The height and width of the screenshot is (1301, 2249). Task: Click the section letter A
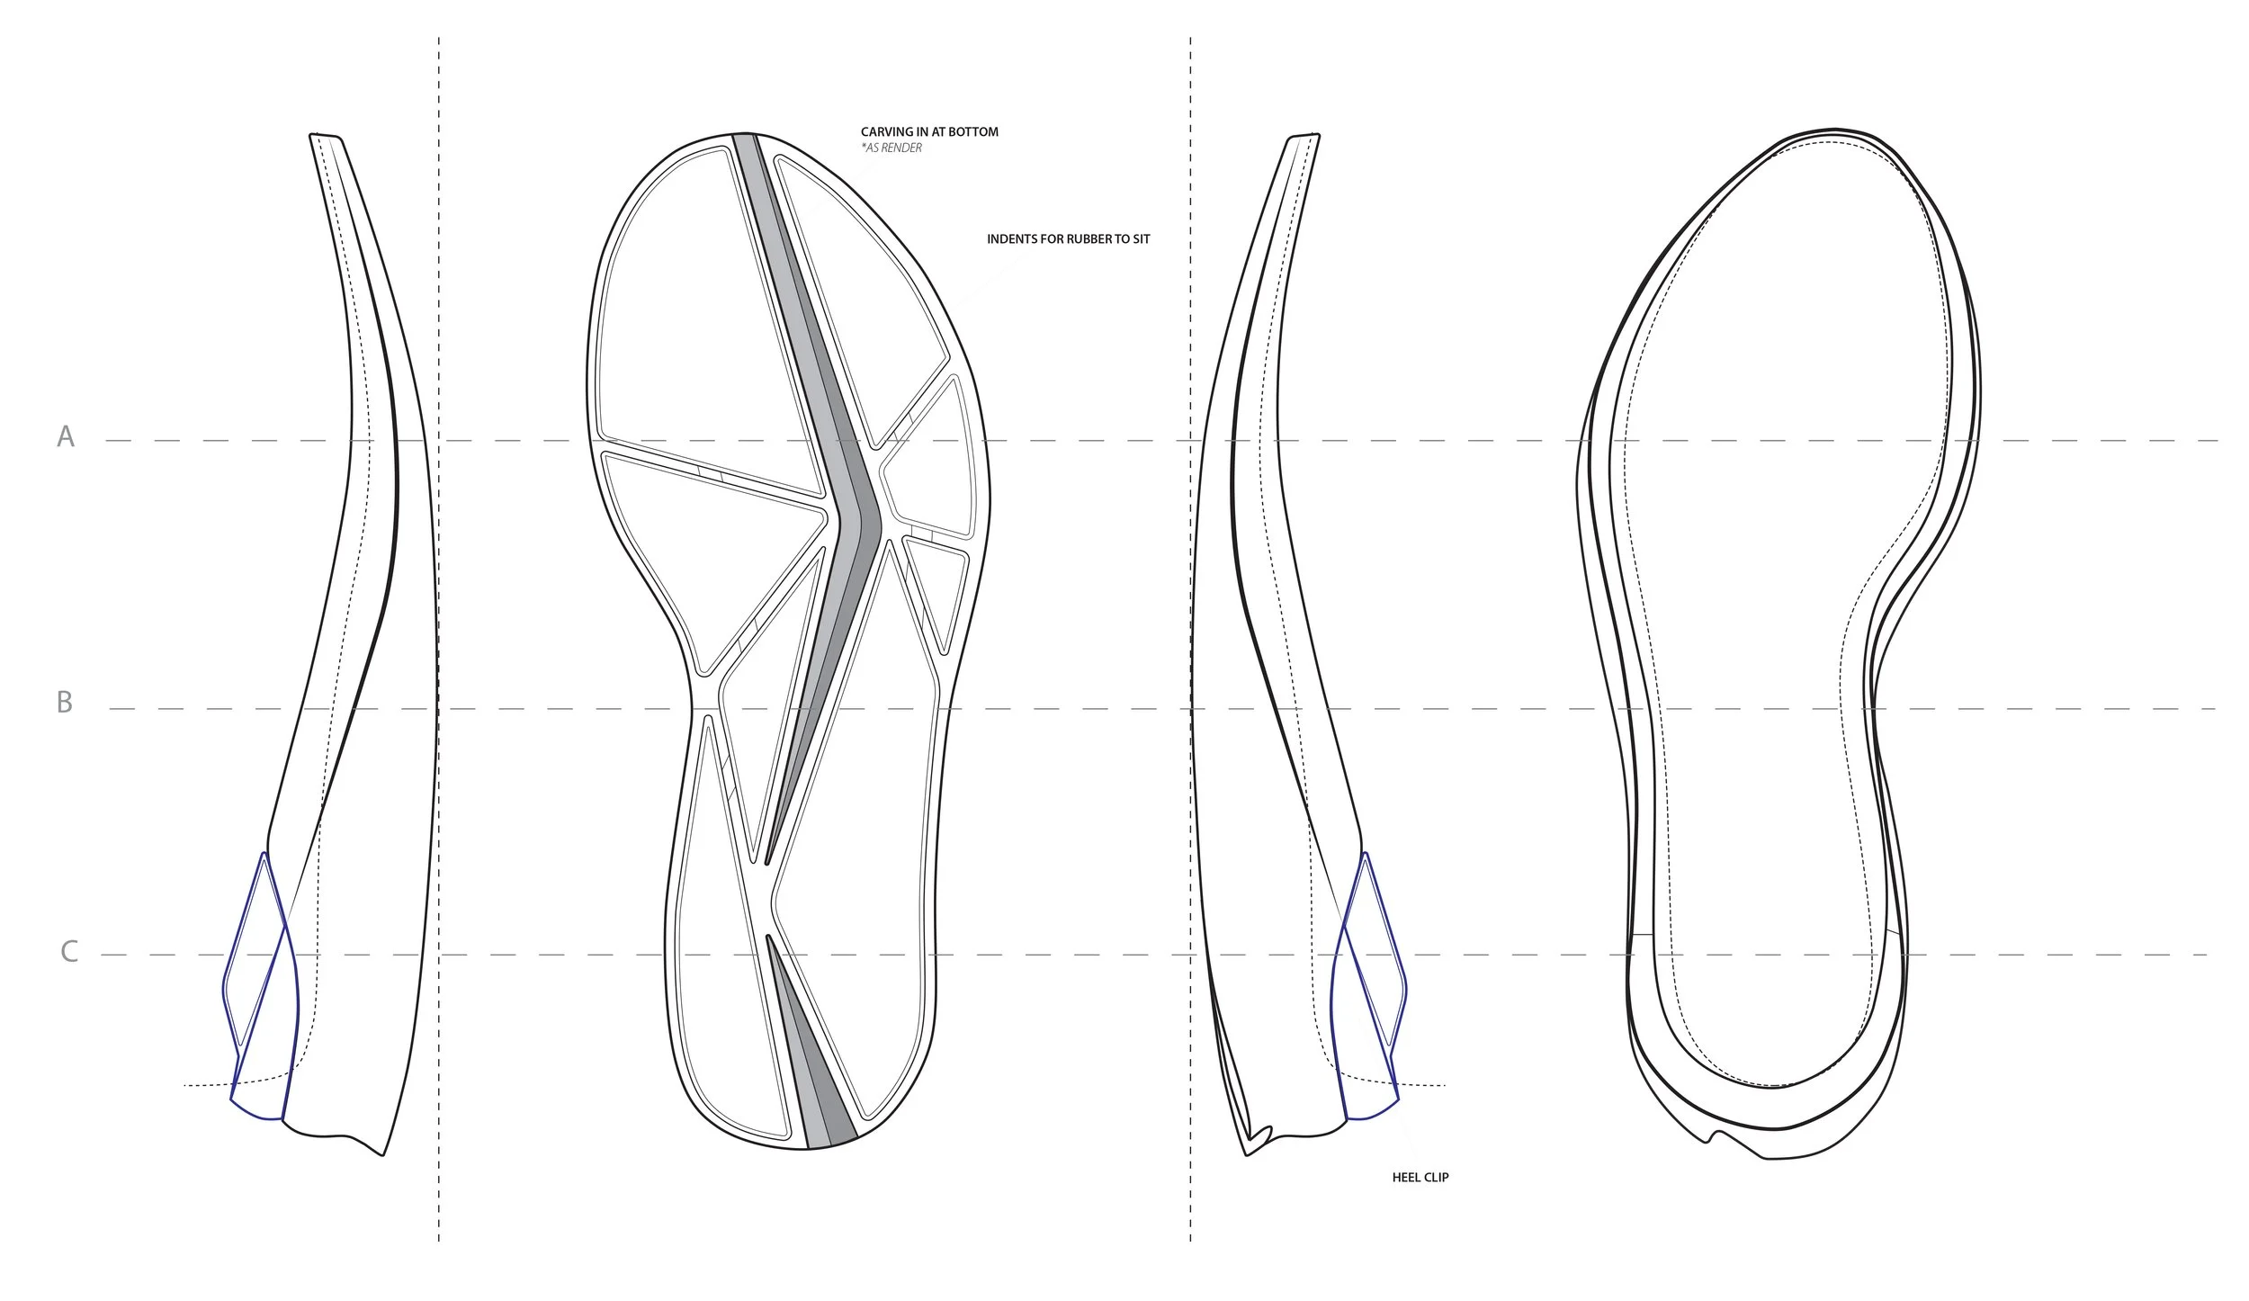[66, 436]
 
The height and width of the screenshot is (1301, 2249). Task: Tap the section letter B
[65, 702]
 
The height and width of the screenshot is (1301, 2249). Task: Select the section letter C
[69, 951]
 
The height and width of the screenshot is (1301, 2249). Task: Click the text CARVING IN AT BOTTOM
[929, 132]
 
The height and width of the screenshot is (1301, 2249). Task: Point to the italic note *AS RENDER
[892, 148]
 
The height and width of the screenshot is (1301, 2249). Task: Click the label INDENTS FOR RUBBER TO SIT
[1068, 239]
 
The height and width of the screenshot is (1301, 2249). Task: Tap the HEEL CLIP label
[1420, 1177]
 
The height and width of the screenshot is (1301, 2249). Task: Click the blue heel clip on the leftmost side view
[256, 981]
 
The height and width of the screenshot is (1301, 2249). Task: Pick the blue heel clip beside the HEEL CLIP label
[1372, 981]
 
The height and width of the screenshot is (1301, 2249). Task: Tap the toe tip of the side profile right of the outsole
[1304, 138]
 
